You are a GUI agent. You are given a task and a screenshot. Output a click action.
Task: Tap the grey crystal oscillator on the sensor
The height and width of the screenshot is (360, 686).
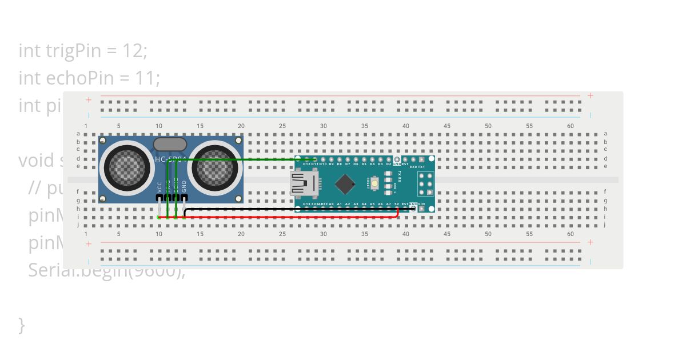pyautogui.click(x=170, y=144)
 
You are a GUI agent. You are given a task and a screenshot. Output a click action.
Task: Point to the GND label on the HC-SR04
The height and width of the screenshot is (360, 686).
pyautogui.click(x=184, y=186)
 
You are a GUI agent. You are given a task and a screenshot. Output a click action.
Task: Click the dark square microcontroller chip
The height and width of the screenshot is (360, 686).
pyautogui.click(x=345, y=183)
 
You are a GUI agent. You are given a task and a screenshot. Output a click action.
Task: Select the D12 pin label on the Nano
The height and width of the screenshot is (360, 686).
pyautogui.click(x=307, y=164)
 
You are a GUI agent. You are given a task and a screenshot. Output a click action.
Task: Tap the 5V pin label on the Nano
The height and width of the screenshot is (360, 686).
pyautogui.click(x=397, y=203)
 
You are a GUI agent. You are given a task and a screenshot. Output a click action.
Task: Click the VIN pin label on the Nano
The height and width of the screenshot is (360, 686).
pyautogui.click(x=422, y=203)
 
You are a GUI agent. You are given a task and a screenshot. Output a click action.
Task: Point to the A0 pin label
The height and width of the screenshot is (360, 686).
pyautogui.click(x=332, y=203)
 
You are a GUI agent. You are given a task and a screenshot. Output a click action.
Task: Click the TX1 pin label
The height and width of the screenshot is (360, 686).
pyautogui.click(x=421, y=166)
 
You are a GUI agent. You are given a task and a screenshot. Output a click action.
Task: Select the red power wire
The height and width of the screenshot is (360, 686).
pyautogui.click(x=286, y=218)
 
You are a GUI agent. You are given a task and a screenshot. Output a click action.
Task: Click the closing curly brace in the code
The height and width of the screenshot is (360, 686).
pyautogui.click(x=22, y=325)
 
